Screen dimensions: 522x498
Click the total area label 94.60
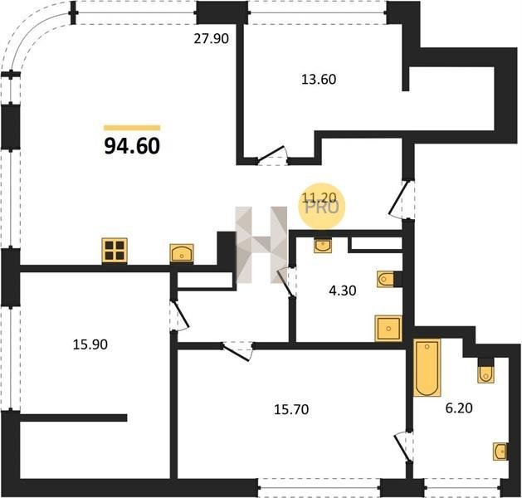[132, 146]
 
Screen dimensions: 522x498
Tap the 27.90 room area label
[212, 39]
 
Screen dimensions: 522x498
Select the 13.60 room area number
[319, 80]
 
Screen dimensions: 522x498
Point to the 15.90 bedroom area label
[90, 344]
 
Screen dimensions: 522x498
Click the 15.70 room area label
[291, 409]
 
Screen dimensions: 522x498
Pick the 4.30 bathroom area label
[343, 290]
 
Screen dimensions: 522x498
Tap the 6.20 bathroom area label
[459, 408]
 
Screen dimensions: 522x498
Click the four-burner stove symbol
[115, 251]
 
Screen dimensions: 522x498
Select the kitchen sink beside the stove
[182, 254]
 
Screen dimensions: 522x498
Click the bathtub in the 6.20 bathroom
[427, 368]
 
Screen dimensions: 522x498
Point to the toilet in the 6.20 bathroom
[486, 373]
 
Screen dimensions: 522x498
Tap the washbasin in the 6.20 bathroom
[500, 452]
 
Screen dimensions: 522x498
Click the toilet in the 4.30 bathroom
[386, 279]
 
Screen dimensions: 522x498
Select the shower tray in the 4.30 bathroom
[388, 329]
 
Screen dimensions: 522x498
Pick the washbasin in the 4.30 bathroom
[323, 246]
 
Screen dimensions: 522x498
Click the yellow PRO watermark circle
[322, 207]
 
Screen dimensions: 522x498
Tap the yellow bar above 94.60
[132, 128]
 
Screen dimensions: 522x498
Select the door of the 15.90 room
[180, 316]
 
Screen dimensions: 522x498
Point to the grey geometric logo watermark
[261, 245]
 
